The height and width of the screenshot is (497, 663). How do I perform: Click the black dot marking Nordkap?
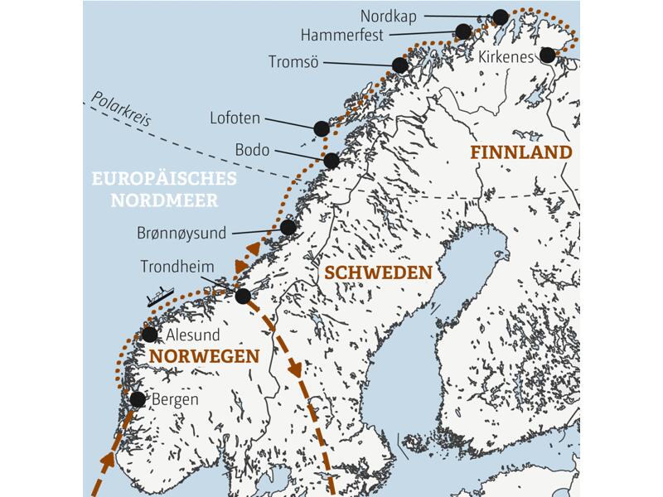click(x=501, y=17)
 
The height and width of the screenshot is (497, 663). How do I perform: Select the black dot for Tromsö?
click(x=399, y=65)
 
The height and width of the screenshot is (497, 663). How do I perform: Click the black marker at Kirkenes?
click(x=547, y=55)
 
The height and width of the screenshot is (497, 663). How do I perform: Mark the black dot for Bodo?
click(x=331, y=161)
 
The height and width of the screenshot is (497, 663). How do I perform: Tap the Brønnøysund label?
click(x=181, y=234)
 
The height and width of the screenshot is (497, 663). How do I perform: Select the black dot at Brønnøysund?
click(x=288, y=227)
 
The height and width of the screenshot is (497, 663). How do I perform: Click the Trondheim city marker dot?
click(x=243, y=296)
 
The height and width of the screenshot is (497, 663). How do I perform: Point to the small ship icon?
click(x=158, y=297)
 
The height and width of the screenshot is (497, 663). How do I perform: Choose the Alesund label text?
click(x=194, y=335)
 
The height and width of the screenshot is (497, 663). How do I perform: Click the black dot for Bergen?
click(x=138, y=399)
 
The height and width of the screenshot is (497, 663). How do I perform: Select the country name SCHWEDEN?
click(x=378, y=273)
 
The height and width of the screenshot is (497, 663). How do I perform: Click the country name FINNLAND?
click(x=520, y=152)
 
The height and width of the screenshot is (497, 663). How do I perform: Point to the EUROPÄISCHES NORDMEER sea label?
click(x=163, y=190)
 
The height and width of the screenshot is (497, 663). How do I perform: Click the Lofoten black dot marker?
click(x=322, y=128)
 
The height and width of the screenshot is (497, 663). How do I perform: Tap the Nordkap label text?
click(x=389, y=16)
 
